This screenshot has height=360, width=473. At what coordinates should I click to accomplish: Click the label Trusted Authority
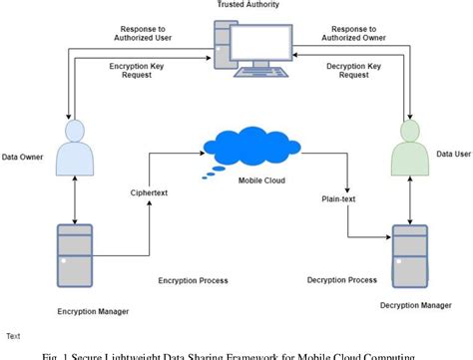point(249,5)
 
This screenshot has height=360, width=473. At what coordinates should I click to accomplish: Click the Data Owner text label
point(22,156)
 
